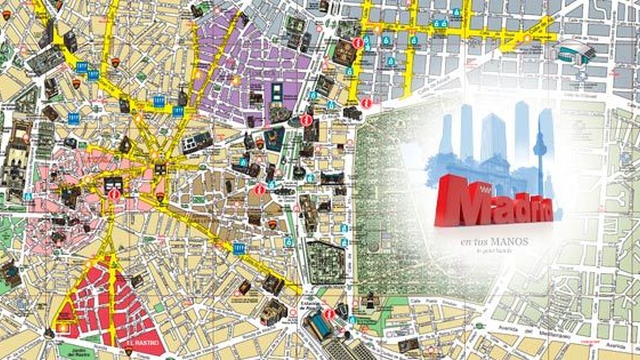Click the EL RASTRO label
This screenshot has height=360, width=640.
pos(143,343)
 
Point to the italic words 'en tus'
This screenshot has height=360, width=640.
pos(471,242)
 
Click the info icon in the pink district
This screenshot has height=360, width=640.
pos(115,194)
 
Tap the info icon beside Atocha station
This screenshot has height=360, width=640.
pos(329,314)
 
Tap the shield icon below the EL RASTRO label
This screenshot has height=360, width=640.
pos(128,351)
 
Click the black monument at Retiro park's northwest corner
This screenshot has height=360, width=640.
pos(352,113)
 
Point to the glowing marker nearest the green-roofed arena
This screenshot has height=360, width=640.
pos(527,38)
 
